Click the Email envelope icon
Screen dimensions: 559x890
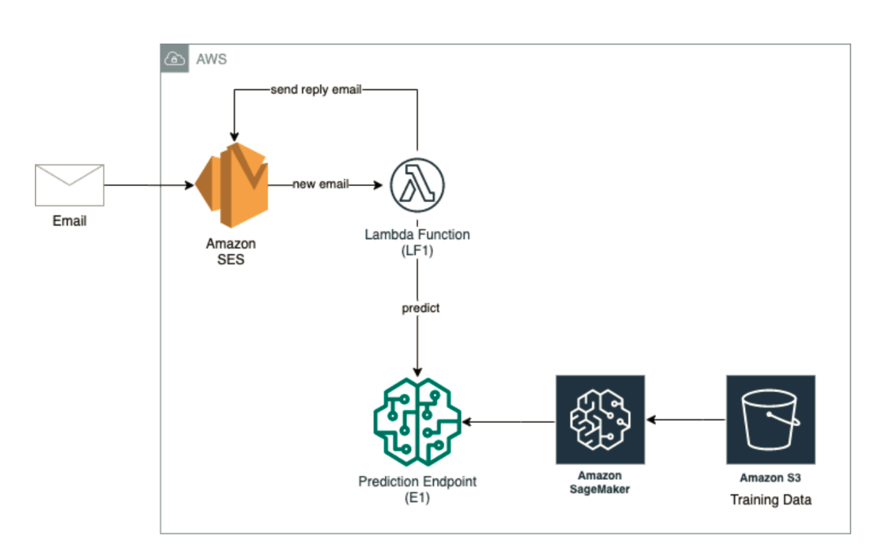70,185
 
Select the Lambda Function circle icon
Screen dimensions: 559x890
417,185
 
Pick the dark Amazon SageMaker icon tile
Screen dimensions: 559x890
600,420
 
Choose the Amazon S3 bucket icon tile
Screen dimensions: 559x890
770,420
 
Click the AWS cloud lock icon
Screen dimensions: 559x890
174,59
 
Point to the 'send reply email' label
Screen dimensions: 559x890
315,89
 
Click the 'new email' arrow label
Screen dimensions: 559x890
321,184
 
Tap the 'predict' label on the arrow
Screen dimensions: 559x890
420,307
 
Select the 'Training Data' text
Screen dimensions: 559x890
770,500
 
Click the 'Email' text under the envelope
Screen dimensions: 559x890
70,221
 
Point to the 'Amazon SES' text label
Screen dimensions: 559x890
231,252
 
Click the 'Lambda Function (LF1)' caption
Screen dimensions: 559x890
417,242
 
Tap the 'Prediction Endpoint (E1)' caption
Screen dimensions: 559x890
417,489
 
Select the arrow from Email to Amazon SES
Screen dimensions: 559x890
149,186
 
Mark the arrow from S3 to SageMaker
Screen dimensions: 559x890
686,420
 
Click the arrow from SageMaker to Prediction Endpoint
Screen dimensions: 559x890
509,422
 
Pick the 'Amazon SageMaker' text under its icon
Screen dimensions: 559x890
600,482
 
